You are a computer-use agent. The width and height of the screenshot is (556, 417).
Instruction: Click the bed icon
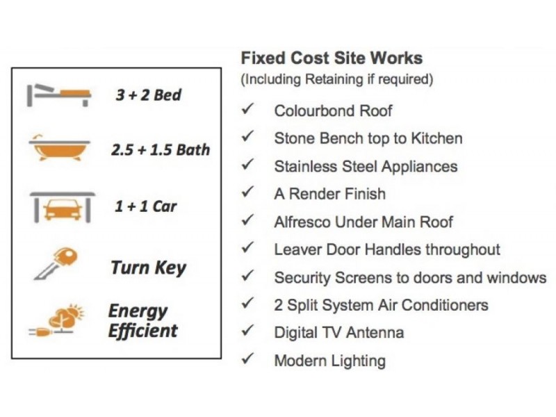(59, 95)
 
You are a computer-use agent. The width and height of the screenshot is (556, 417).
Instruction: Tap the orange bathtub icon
(60, 148)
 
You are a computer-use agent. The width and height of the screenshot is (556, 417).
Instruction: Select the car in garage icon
(63, 207)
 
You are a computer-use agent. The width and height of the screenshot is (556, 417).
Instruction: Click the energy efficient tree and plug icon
(58, 320)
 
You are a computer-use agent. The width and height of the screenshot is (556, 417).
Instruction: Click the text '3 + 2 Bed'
(148, 95)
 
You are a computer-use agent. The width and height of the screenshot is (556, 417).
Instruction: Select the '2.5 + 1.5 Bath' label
(161, 149)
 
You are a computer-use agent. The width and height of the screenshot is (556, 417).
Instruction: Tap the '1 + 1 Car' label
(145, 206)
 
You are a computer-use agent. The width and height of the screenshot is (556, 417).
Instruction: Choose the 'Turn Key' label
(148, 268)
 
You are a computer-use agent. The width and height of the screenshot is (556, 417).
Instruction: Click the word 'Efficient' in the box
(142, 332)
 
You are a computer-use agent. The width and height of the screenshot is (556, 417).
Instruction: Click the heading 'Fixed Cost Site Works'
(332, 58)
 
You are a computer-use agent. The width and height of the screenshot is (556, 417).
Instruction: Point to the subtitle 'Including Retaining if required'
(337, 79)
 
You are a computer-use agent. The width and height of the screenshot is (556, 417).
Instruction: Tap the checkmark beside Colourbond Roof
(247, 108)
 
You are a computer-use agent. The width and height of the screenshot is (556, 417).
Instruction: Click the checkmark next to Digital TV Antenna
(247, 330)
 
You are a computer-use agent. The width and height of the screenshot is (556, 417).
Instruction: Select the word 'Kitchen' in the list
(436, 138)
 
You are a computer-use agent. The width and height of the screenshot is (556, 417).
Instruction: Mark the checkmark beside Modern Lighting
(247, 358)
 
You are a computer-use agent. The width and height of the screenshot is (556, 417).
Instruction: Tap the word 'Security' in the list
(302, 278)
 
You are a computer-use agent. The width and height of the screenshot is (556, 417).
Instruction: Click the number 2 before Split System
(279, 305)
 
